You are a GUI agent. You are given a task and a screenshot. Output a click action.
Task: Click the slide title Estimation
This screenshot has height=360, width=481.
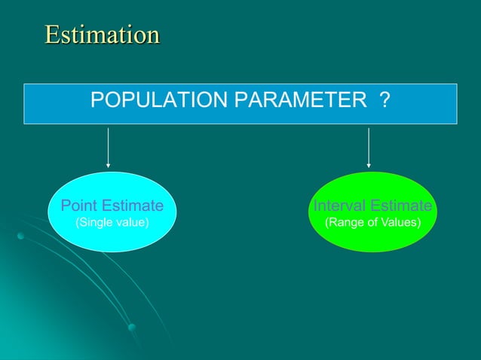(x=102, y=35)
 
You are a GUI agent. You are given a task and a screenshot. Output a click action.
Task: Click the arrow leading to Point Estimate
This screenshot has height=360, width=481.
(x=109, y=147)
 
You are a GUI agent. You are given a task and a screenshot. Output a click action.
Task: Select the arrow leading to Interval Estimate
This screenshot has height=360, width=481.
(x=368, y=147)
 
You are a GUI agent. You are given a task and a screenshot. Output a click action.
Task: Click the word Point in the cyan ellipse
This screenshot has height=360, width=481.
(x=78, y=206)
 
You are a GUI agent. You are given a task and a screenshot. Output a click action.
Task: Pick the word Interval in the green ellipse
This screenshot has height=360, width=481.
(x=338, y=206)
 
